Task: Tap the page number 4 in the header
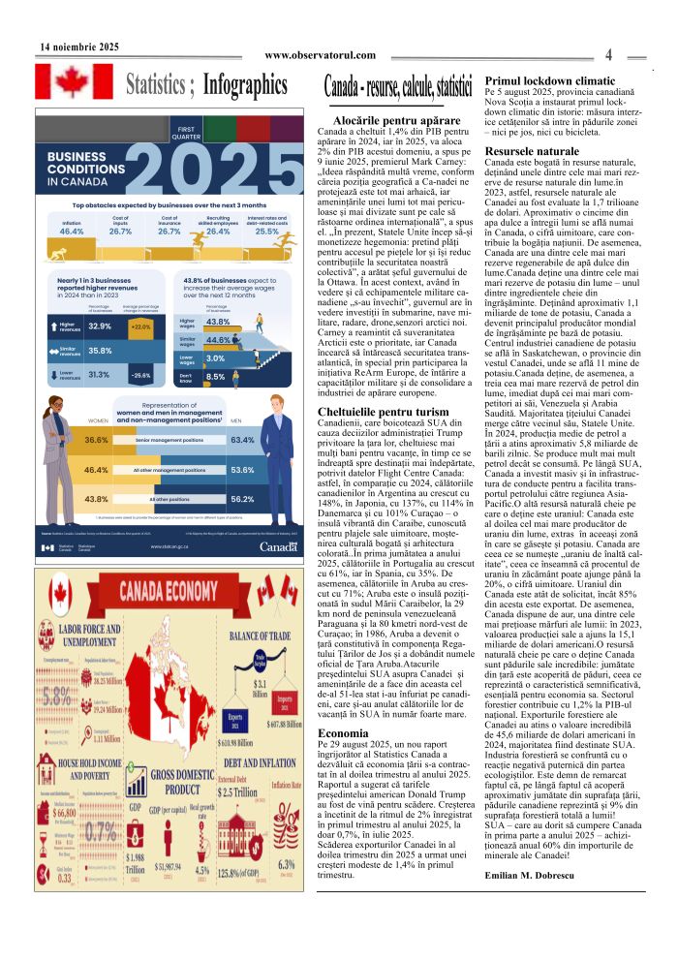pos(607,54)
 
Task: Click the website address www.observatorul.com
pos(320,55)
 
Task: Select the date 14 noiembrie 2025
pos(79,46)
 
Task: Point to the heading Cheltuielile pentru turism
pos(384,412)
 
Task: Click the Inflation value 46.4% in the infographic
pos(72,233)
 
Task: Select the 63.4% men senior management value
pos(243,440)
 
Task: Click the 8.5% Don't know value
pos(216,377)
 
